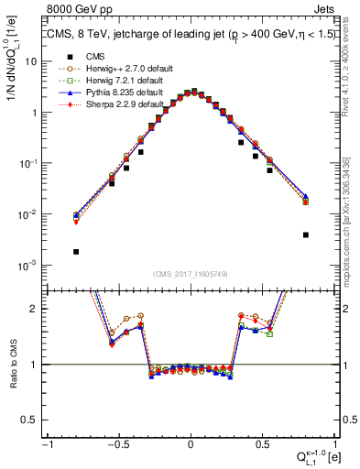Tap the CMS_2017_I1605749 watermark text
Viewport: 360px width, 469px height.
(190, 274)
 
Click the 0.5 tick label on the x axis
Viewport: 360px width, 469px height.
(262, 444)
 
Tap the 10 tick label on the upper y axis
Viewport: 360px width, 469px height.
(31, 61)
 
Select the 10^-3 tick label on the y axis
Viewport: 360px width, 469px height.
(28, 266)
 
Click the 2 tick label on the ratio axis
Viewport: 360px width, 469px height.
(35, 309)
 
